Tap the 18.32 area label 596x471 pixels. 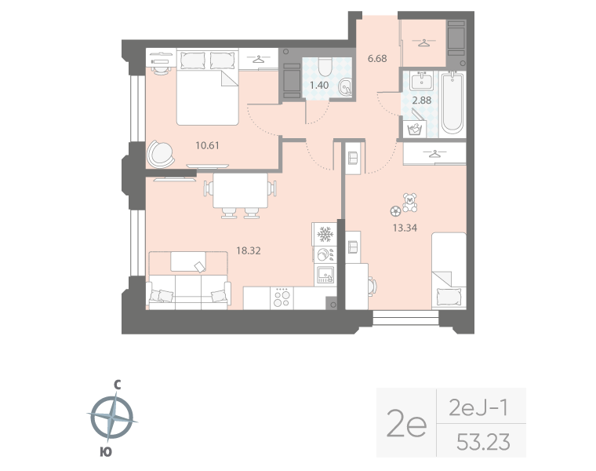coord(248,250)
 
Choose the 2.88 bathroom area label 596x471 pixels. coord(422,101)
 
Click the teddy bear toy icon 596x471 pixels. coord(409,203)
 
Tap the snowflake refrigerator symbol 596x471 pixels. coord(325,234)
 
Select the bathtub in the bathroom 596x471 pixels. coord(452,102)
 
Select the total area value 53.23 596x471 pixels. coord(483,443)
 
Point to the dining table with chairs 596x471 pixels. coord(240,192)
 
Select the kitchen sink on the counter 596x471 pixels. coord(325,274)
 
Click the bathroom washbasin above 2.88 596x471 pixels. coord(422,79)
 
